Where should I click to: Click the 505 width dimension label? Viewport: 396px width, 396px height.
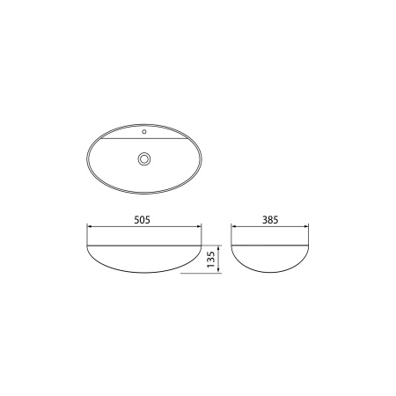142,220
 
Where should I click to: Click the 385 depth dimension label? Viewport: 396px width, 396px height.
270,220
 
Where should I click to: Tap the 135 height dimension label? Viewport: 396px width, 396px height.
211,260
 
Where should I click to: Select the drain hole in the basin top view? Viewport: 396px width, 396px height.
144,158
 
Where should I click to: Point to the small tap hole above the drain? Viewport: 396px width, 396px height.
144,132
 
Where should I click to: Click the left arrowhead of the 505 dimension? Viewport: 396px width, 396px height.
89,226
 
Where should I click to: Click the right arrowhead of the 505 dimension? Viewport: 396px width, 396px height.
200,226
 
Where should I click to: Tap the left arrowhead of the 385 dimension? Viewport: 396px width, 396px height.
234,226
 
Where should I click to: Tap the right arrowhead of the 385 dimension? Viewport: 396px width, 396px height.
306,226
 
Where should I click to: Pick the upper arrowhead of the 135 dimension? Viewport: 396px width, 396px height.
218,248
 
